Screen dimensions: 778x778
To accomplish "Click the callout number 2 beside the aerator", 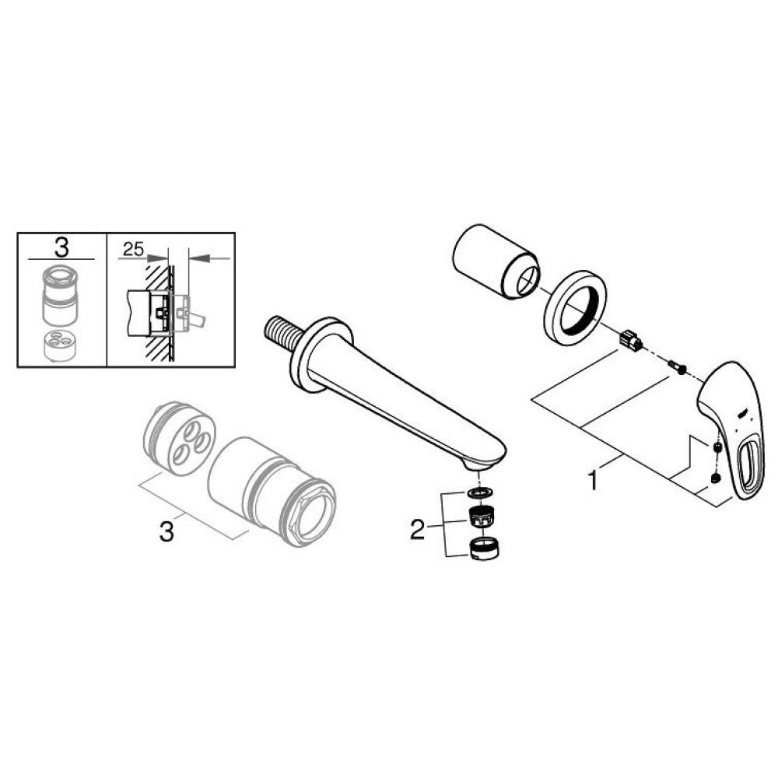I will point(418,531).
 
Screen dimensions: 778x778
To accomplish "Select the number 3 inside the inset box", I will point(62,248).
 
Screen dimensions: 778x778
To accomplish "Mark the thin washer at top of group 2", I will point(480,494).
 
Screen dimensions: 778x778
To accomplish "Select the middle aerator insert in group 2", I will point(482,516).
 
